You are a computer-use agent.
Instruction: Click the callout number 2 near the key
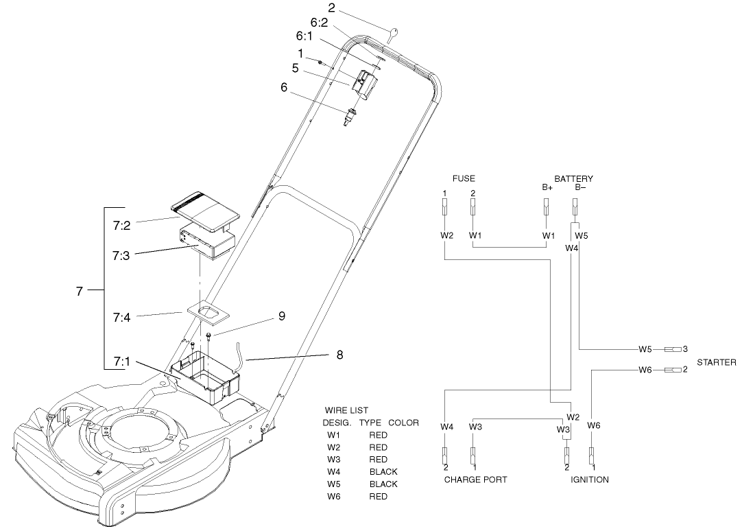click(331, 8)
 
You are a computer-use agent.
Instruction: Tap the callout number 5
click(294, 69)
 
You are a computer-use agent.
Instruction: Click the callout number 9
click(281, 316)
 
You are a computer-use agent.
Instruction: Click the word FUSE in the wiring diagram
click(464, 178)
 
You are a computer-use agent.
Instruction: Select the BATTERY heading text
click(573, 178)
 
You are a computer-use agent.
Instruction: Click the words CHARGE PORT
click(476, 480)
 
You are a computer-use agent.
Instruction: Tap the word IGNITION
click(589, 480)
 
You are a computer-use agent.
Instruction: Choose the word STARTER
click(717, 362)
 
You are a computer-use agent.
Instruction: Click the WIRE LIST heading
click(346, 410)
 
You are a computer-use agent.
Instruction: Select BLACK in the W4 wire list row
click(383, 472)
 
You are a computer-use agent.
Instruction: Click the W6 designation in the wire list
click(334, 496)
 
